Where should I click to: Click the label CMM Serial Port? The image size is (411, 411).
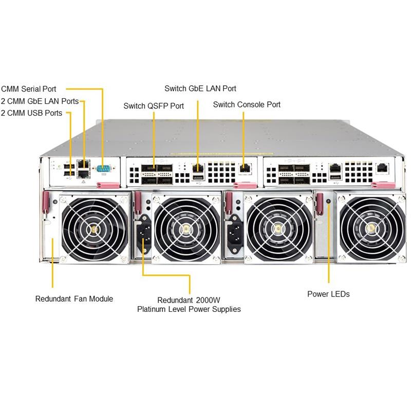(29, 89)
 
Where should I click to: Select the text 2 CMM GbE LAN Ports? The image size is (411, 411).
(40, 101)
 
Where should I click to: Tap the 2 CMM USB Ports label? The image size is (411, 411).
(31, 113)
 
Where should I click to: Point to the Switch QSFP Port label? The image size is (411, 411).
(154, 106)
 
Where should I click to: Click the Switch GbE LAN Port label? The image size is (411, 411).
(200, 88)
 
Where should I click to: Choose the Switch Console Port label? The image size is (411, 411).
(247, 104)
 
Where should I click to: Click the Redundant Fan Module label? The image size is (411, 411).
(74, 298)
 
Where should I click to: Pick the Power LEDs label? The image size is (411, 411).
(328, 294)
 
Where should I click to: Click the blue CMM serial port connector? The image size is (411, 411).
(104, 167)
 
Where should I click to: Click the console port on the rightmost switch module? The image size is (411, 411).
(383, 167)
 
